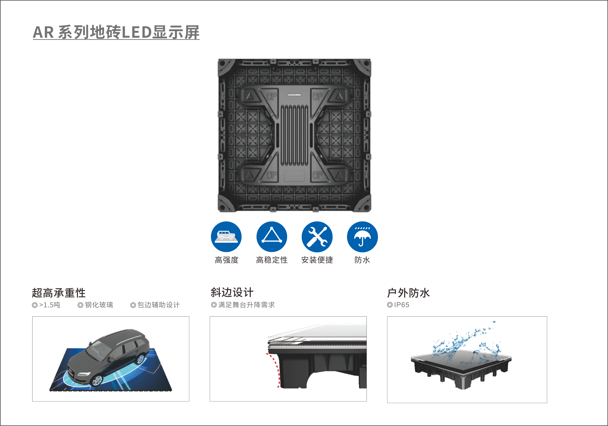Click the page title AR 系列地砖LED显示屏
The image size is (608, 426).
tap(116, 32)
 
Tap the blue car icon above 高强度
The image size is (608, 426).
tap(226, 237)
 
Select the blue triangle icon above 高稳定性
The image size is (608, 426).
tap(272, 237)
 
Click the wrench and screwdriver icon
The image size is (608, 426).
tap(317, 237)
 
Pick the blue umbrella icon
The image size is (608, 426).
tap(362, 237)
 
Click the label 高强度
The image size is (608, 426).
tap(226, 260)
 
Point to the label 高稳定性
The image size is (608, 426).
tap(272, 260)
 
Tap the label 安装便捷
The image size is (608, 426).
tap(317, 260)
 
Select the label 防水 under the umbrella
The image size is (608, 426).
tap(362, 260)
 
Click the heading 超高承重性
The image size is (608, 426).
tap(59, 293)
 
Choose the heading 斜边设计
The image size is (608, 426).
tap(232, 292)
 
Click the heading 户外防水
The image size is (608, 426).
tap(408, 293)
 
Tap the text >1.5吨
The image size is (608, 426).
tap(50, 305)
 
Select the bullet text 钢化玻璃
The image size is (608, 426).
tap(99, 305)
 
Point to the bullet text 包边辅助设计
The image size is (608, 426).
tap(158, 305)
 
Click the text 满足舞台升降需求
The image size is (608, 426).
tap(246, 305)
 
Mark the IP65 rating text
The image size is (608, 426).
tap(401, 305)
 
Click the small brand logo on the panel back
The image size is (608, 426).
tap(294, 95)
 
